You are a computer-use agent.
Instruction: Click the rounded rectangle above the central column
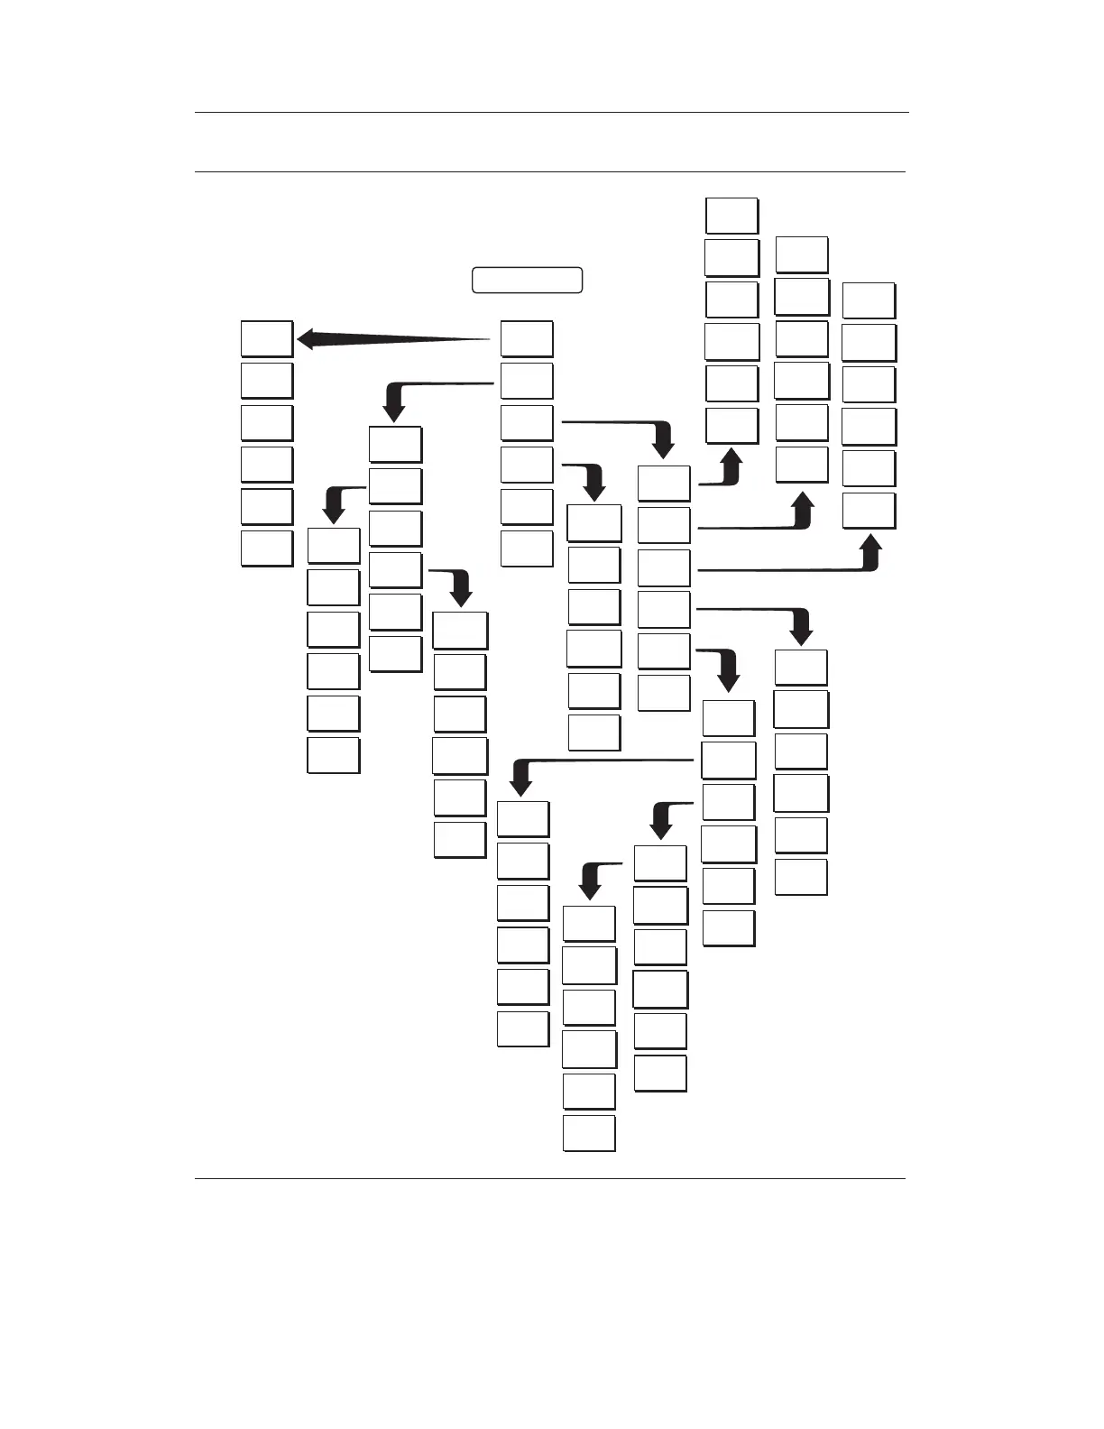click(x=528, y=280)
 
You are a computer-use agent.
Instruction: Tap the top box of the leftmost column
click(x=267, y=338)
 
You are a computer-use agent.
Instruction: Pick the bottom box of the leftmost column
click(x=267, y=548)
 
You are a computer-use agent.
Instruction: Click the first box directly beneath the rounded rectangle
click(x=527, y=338)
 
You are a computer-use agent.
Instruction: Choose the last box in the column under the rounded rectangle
click(x=527, y=548)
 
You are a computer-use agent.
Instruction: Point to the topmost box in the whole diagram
click(x=731, y=216)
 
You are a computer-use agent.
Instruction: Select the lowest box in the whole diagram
click(x=589, y=1132)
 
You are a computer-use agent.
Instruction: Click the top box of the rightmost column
click(x=869, y=300)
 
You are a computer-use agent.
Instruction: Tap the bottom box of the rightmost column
click(x=869, y=510)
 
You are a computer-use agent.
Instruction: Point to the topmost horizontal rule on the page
click(x=551, y=113)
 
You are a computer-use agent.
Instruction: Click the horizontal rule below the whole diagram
click(x=549, y=1177)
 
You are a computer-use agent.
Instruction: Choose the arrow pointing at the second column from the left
click(x=339, y=501)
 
